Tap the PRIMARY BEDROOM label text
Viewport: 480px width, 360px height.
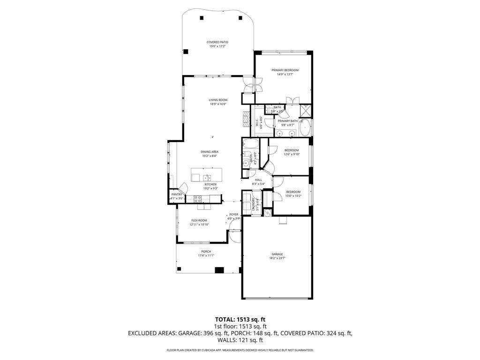click(x=285, y=70)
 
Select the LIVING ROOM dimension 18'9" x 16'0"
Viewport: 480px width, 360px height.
click(x=218, y=104)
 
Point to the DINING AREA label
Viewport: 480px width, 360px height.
click(x=210, y=152)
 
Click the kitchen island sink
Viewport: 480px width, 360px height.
click(x=207, y=177)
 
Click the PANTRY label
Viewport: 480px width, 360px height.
click(x=177, y=194)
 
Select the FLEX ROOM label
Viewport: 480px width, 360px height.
click(x=199, y=220)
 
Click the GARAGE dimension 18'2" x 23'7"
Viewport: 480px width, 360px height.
click(x=277, y=258)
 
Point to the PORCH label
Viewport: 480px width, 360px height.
click(x=206, y=252)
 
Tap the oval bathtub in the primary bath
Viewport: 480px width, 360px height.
click(x=305, y=127)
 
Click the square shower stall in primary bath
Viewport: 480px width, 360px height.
click(x=306, y=111)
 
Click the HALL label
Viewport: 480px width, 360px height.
click(x=258, y=180)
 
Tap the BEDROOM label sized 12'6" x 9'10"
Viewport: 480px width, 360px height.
click(x=292, y=150)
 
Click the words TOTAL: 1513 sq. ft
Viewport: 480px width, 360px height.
click(x=240, y=319)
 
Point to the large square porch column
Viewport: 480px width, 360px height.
click(x=219, y=270)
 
